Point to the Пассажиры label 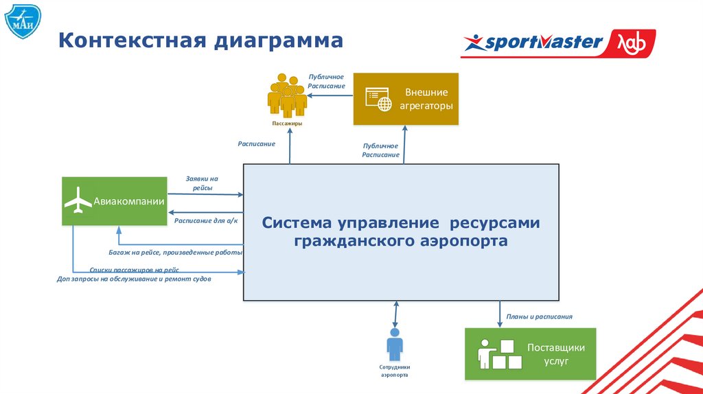tap(286, 124)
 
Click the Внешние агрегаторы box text tap(426, 100)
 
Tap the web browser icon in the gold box tap(379, 100)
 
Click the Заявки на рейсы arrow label tap(202, 183)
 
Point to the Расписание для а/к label tap(205, 220)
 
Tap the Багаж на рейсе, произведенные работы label tap(176, 253)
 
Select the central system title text tap(401, 232)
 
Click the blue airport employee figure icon tap(394, 345)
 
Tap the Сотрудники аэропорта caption tap(394, 371)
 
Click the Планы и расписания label tap(539, 317)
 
